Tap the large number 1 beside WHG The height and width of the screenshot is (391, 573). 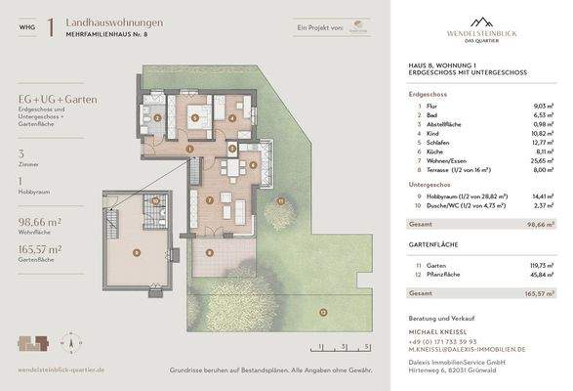(50, 27)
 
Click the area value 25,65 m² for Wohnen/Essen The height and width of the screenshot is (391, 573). (543, 159)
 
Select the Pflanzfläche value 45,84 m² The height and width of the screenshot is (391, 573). (542, 275)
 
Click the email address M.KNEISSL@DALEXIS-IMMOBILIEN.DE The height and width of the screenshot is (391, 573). (467, 349)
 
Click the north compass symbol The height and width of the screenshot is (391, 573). (68, 343)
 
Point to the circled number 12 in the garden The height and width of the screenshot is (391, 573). (323, 313)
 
